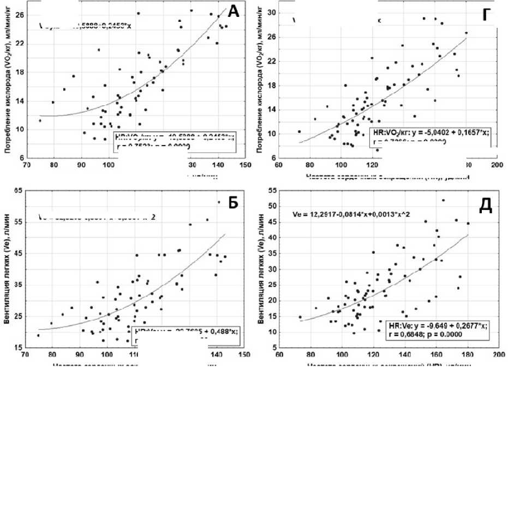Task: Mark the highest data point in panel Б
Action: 219,202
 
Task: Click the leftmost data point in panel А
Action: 40,120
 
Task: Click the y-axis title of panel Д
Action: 262,269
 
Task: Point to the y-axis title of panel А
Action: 9,82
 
